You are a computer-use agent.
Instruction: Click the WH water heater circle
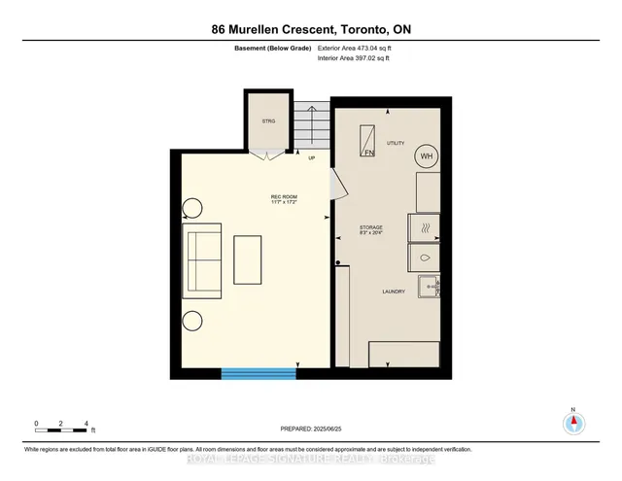pos(426,155)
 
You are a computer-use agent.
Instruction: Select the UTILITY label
pos(396,143)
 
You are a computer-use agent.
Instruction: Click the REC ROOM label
pos(283,197)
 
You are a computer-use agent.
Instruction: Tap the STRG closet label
pos(267,122)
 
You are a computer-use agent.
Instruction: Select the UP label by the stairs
pos(312,157)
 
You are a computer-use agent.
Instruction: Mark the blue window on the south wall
pos(259,372)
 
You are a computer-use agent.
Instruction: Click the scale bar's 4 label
pos(87,424)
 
